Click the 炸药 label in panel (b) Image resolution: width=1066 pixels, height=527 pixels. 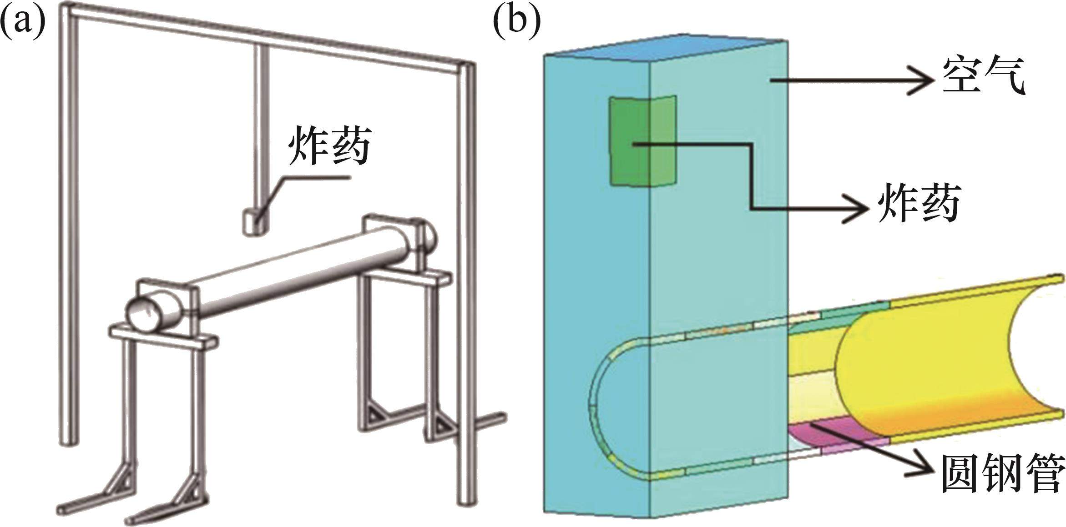pos(919,203)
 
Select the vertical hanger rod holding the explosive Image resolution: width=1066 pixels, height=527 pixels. pos(261,127)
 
